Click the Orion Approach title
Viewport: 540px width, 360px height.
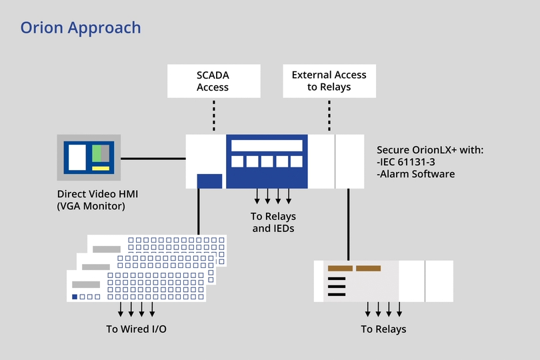(81, 27)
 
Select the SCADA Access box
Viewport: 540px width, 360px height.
(213, 81)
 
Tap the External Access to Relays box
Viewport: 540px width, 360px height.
(329, 81)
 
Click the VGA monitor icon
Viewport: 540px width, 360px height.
(89, 157)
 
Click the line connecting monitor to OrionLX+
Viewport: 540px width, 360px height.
(153, 159)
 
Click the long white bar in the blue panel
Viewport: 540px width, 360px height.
(267, 146)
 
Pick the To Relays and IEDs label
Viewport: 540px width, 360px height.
(273, 222)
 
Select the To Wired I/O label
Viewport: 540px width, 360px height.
(136, 329)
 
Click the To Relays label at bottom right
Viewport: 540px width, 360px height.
(383, 329)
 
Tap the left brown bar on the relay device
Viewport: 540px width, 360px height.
(339, 269)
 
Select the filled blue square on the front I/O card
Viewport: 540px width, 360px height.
(75, 296)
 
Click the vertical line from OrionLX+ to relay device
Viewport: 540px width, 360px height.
(348, 224)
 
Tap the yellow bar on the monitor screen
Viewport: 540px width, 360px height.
(100, 168)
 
